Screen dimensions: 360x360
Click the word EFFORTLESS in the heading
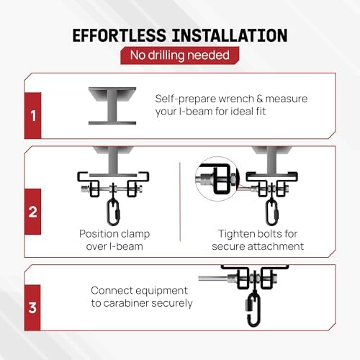click(120, 35)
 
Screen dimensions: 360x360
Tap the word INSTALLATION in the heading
click(230, 35)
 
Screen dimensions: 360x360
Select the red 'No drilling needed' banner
click(180, 55)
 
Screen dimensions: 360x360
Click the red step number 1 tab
click(33, 115)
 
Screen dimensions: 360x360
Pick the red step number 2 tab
click(33, 212)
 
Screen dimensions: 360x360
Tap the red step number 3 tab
click(32, 307)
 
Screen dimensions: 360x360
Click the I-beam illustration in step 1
click(112, 106)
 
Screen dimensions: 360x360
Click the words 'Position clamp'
click(114, 234)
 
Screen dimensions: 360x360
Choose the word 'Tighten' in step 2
click(234, 234)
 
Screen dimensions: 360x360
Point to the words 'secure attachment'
click(258, 246)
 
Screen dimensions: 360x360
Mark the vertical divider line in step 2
click(180, 202)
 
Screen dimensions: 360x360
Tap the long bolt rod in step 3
click(214, 279)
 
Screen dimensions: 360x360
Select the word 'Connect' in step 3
click(109, 290)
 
